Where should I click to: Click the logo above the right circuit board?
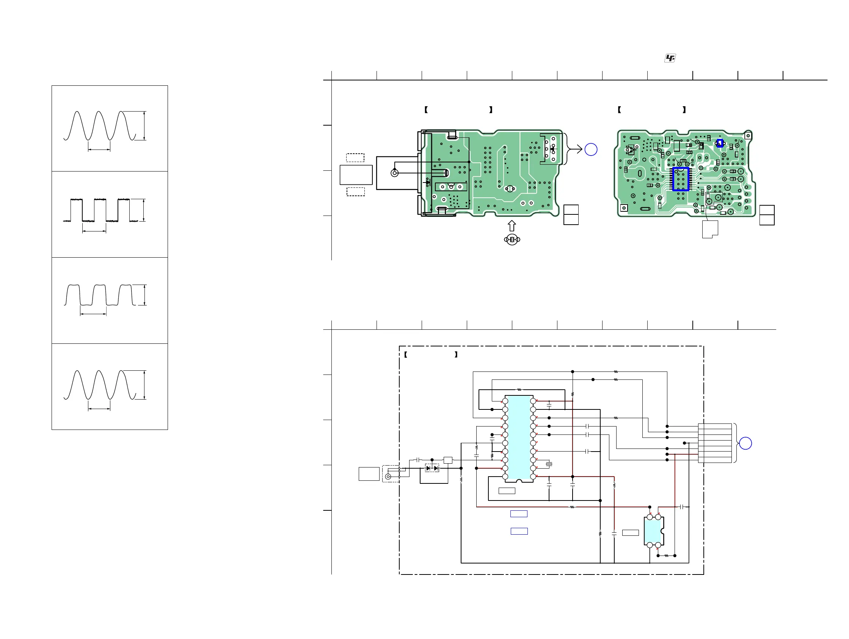pyautogui.click(x=670, y=58)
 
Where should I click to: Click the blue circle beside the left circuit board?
pyautogui.click(x=591, y=150)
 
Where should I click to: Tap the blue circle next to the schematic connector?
pyautogui.click(x=745, y=443)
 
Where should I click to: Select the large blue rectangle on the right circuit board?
pyautogui.click(x=681, y=179)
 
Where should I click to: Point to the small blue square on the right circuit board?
pyautogui.click(x=720, y=143)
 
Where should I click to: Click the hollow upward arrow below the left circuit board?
pyautogui.click(x=512, y=226)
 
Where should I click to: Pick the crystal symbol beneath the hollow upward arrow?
pyautogui.click(x=512, y=240)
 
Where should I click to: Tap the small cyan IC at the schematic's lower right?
pyautogui.click(x=653, y=531)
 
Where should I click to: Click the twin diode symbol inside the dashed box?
pyautogui.click(x=432, y=468)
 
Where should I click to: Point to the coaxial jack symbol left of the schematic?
pyautogui.click(x=388, y=477)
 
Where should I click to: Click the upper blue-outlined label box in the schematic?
pyautogui.click(x=518, y=514)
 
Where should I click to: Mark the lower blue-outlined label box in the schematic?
pyautogui.click(x=519, y=531)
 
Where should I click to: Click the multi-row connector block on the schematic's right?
pyautogui.click(x=715, y=443)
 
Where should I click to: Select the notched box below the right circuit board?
pyautogui.click(x=710, y=229)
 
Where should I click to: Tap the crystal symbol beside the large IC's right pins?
pyautogui.click(x=549, y=464)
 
